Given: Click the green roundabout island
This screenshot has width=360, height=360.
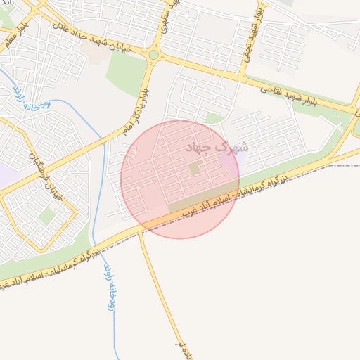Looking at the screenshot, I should coord(153,54).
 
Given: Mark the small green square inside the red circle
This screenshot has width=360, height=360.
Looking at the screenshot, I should coord(195,169).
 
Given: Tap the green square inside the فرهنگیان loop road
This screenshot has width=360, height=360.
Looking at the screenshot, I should coord(46,216).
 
